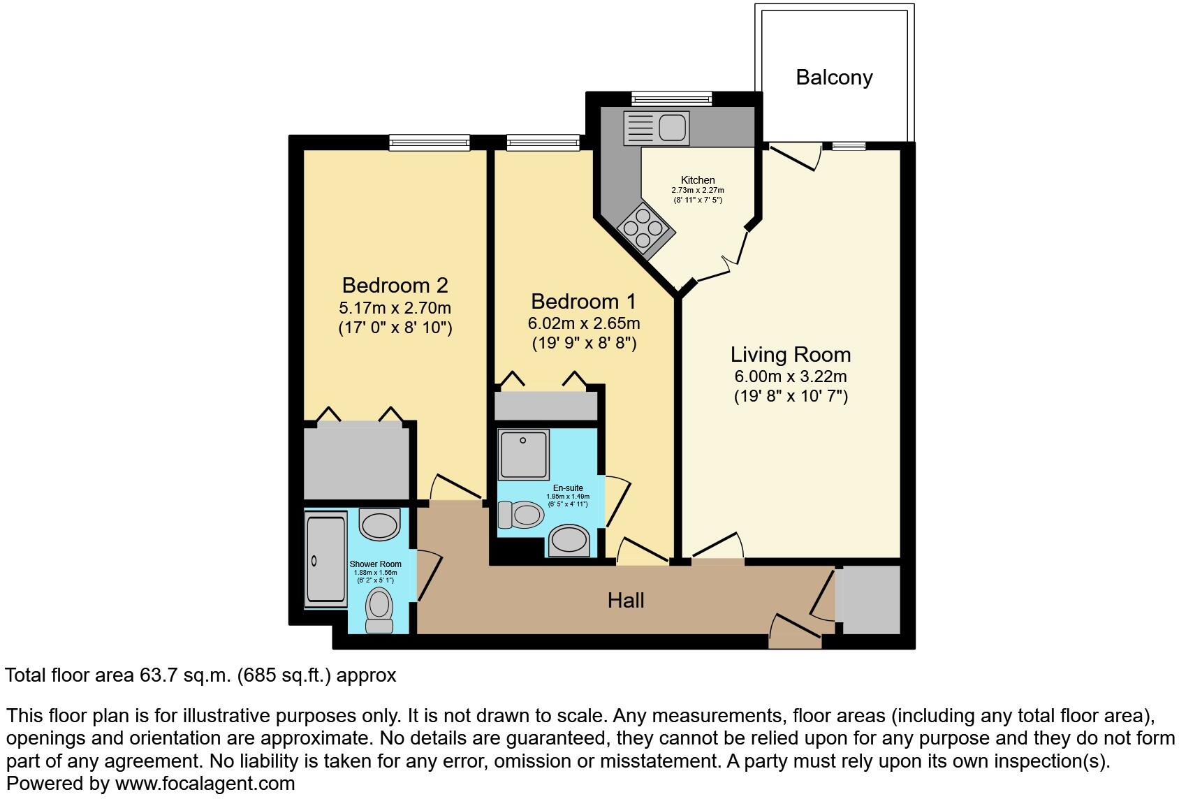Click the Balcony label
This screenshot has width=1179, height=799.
[x=834, y=78]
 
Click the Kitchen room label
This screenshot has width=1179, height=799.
[x=698, y=180]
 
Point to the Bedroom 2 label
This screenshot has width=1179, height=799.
[x=395, y=285]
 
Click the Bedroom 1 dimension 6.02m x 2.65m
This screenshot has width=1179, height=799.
[x=583, y=323]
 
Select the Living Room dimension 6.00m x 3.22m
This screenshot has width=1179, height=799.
[x=790, y=376]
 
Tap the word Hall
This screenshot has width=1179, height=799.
[x=625, y=600]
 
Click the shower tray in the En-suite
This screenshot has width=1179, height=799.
[x=523, y=454]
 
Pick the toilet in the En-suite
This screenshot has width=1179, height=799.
[x=520, y=515]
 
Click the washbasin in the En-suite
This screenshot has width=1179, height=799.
[x=569, y=541]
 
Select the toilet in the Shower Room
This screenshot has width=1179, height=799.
[x=379, y=609]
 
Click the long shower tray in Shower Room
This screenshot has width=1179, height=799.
[x=325, y=559]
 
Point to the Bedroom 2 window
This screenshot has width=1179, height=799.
[x=430, y=143]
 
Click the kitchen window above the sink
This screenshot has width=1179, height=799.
[x=671, y=98]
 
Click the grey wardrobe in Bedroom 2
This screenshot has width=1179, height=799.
[x=356, y=461]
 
